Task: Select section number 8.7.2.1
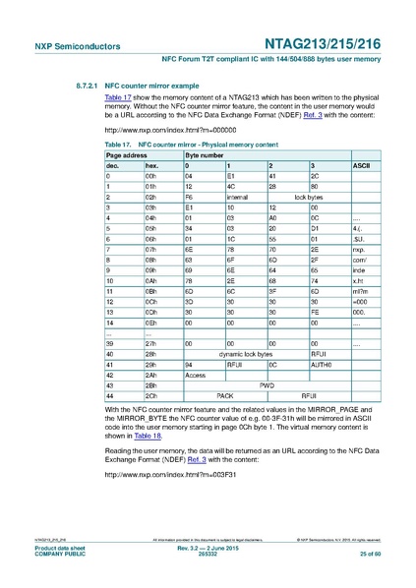(x=77, y=87)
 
